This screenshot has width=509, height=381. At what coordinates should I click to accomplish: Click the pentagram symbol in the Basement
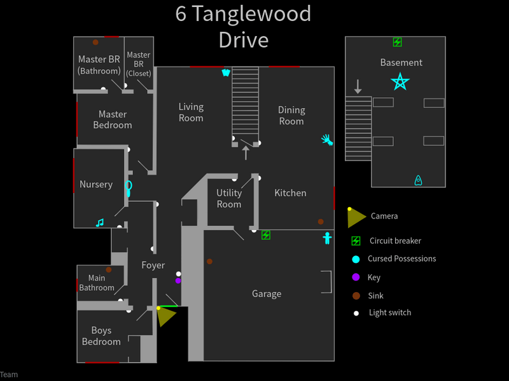(400, 82)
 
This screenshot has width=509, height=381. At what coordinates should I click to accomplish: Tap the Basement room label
(401, 62)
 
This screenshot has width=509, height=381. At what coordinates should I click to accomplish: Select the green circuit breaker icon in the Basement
(397, 43)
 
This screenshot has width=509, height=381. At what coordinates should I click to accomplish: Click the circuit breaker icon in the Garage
(266, 235)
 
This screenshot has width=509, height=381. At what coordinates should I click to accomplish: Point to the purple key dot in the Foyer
(178, 280)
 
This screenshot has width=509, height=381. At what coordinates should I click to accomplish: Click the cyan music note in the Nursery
(99, 222)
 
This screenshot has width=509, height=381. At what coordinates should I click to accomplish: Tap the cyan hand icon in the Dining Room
(327, 140)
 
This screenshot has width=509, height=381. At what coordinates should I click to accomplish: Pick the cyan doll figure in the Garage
(327, 238)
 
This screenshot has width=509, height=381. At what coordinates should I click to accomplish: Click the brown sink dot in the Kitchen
(321, 222)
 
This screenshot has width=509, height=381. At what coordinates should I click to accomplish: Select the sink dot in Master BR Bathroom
(95, 43)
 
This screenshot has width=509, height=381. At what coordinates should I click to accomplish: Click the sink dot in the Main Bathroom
(109, 270)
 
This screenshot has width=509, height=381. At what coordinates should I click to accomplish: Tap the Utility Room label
(229, 198)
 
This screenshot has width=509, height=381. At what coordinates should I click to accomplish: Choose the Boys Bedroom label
(101, 336)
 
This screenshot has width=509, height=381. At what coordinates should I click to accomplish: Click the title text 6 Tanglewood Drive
(244, 27)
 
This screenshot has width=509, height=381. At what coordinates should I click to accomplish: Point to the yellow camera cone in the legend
(356, 217)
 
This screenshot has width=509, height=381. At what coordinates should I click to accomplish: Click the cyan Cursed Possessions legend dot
(356, 259)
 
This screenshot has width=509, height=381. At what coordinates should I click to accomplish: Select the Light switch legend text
(390, 312)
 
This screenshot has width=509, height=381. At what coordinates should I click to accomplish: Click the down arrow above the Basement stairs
(358, 86)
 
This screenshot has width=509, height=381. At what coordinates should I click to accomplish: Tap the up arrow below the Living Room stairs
(246, 152)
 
